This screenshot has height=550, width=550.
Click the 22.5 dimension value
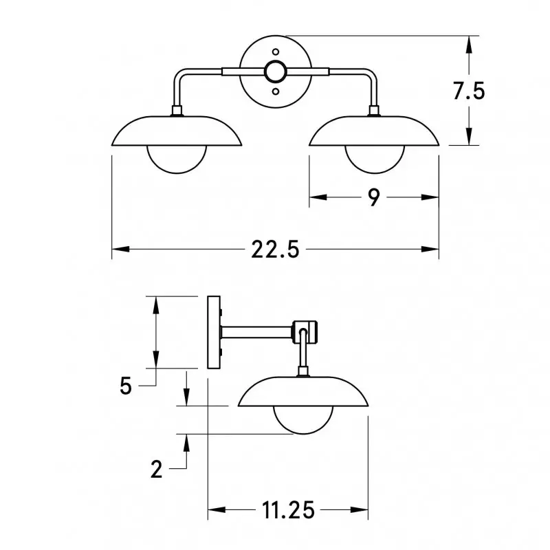pyautogui.click(x=275, y=250)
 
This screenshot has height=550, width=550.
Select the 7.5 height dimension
pyautogui.click(x=470, y=91)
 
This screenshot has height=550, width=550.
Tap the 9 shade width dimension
pyautogui.click(x=373, y=198)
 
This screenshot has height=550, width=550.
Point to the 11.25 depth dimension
pyautogui.click(x=288, y=510)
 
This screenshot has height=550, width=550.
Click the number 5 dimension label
pyautogui.click(x=125, y=386)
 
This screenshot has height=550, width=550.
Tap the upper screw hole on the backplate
pyautogui.click(x=276, y=51)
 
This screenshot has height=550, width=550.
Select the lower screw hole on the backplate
pyautogui.click(x=276, y=91)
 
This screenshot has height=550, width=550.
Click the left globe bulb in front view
pyautogui.click(x=177, y=159)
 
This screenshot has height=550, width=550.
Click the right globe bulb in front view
pyautogui.click(x=374, y=159)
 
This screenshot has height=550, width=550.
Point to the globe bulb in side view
pyautogui.click(x=303, y=421)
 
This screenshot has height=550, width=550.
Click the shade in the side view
pyautogui.click(x=303, y=392)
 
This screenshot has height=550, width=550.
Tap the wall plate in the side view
pyautogui.click(x=213, y=333)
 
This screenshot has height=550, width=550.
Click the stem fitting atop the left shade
pyautogui.click(x=177, y=111)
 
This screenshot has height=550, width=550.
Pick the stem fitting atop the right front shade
pyautogui.click(x=374, y=111)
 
